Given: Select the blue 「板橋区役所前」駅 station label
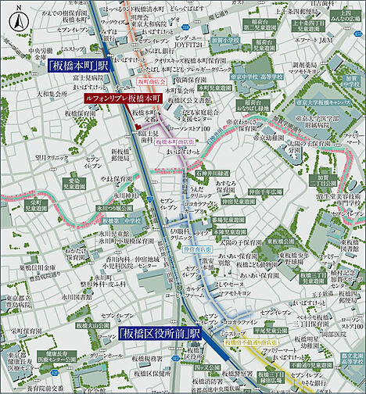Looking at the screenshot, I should click(161, 333).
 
